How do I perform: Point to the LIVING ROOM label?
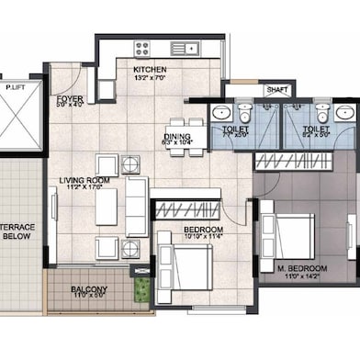(x=85, y=181)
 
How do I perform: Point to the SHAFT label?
(x=276, y=90)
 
